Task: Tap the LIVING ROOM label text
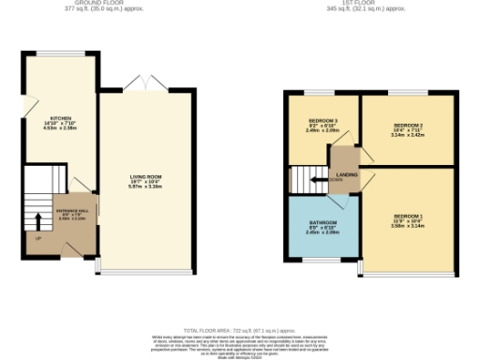(146, 176)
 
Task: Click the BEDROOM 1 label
(408, 217)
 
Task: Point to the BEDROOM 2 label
(408, 126)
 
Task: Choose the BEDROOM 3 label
(322, 121)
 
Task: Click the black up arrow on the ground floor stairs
(37, 221)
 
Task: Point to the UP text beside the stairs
(37, 239)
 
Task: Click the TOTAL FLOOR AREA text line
(240, 331)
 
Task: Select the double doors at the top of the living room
(146, 86)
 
